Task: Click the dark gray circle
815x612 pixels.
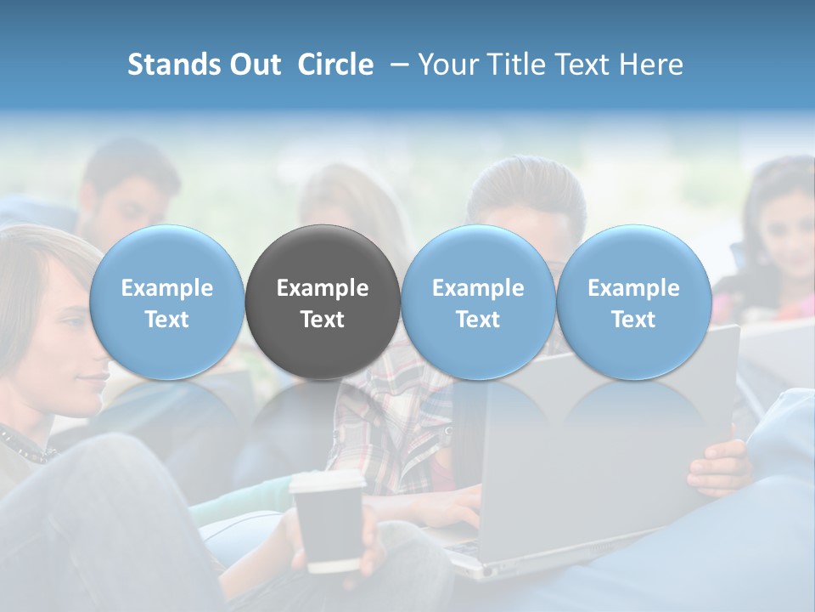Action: tap(323, 302)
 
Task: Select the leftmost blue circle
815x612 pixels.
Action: tap(166, 302)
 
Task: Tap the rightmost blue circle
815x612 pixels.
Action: tap(633, 302)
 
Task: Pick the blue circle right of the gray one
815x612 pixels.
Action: tap(478, 302)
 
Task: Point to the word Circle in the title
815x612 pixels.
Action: tap(335, 65)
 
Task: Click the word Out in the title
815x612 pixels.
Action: tap(256, 65)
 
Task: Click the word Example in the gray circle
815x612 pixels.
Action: tap(323, 288)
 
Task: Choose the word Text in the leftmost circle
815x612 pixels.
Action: tap(166, 320)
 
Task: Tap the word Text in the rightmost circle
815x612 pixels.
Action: tap(633, 320)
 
